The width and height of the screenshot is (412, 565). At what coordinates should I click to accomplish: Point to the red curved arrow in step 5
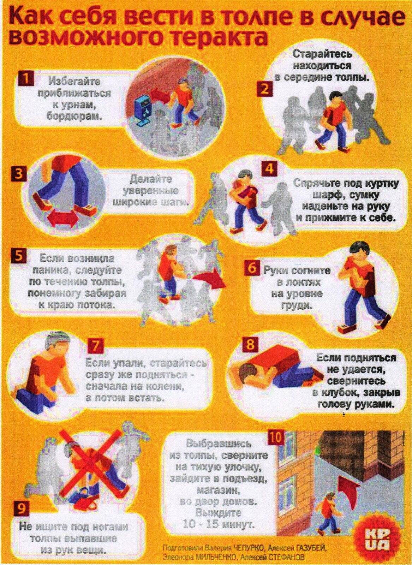[210, 278]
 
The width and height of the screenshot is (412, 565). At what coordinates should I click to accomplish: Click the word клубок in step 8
[341, 393]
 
